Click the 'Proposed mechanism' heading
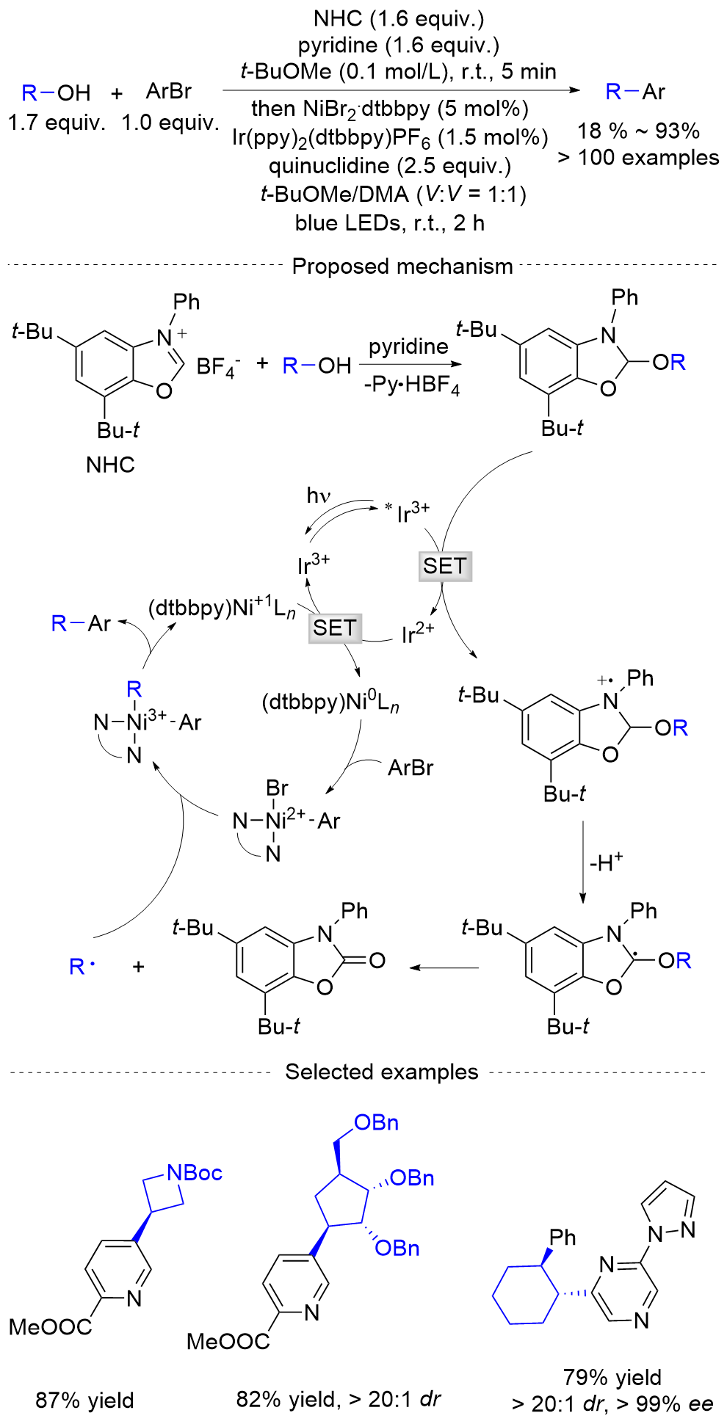pyautogui.click(x=402, y=266)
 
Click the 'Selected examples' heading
pyautogui.click(x=381, y=1072)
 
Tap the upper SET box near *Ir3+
pyautogui.click(x=444, y=566)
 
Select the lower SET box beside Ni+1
pyautogui.click(x=335, y=628)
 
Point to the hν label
pyautogui.click(x=318, y=496)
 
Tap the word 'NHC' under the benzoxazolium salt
pyautogui.click(x=110, y=465)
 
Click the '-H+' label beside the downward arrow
pyautogui.click(x=606, y=862)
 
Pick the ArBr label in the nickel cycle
pyautogui.click(x=410, y=768)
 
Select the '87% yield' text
pyautogui.click(x=84, y=1401)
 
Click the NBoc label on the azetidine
pyautogui.click(x=195, y=1173)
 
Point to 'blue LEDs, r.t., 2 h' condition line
pyautogui.click(x=389, y=223)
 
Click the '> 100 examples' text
pyautogui.click(x=638, y=158)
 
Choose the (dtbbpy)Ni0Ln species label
pyautogui.click(x=330, y=702)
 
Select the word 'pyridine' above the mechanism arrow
pyautogui.click(x=408, y=346)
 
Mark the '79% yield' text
pyautogui.click(x=612, y=1377)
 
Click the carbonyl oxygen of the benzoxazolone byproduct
pyautogui.click(x=377, y=960)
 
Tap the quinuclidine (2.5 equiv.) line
pyautogui.click(x=389, y=166)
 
